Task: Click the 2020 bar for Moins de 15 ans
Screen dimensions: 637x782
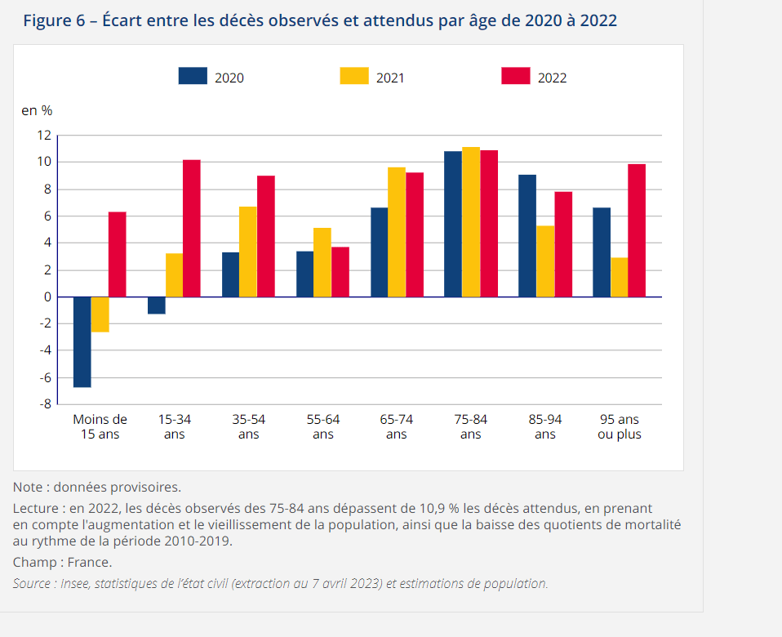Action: pos(82,341)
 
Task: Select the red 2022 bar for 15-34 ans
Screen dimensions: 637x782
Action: pos(191,229)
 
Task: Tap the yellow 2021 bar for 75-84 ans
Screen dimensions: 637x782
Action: pos(471,222)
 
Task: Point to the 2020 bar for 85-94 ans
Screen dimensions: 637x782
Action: pos(527,236)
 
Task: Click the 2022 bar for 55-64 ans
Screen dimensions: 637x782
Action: pos(340,272)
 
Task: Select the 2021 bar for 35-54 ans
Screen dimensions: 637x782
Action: pos(248,252)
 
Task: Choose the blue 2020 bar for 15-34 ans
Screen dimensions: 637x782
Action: pos(157,305)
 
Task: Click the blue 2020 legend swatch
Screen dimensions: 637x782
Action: pos(193,76)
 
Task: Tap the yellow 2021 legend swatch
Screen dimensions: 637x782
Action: pos(354,76)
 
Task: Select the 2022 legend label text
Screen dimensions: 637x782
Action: pos(552,78)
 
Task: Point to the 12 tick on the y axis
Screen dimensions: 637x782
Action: pos(43,135)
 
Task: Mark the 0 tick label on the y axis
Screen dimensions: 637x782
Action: pos(47,296)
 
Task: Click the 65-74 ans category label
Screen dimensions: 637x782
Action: pos(397,426)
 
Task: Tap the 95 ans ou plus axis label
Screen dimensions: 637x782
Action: pos(619,426)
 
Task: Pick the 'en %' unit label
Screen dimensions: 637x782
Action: pos(37,110)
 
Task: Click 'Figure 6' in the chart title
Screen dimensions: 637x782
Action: pos(54,20)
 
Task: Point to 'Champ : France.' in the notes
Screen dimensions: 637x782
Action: pos(62,562)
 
